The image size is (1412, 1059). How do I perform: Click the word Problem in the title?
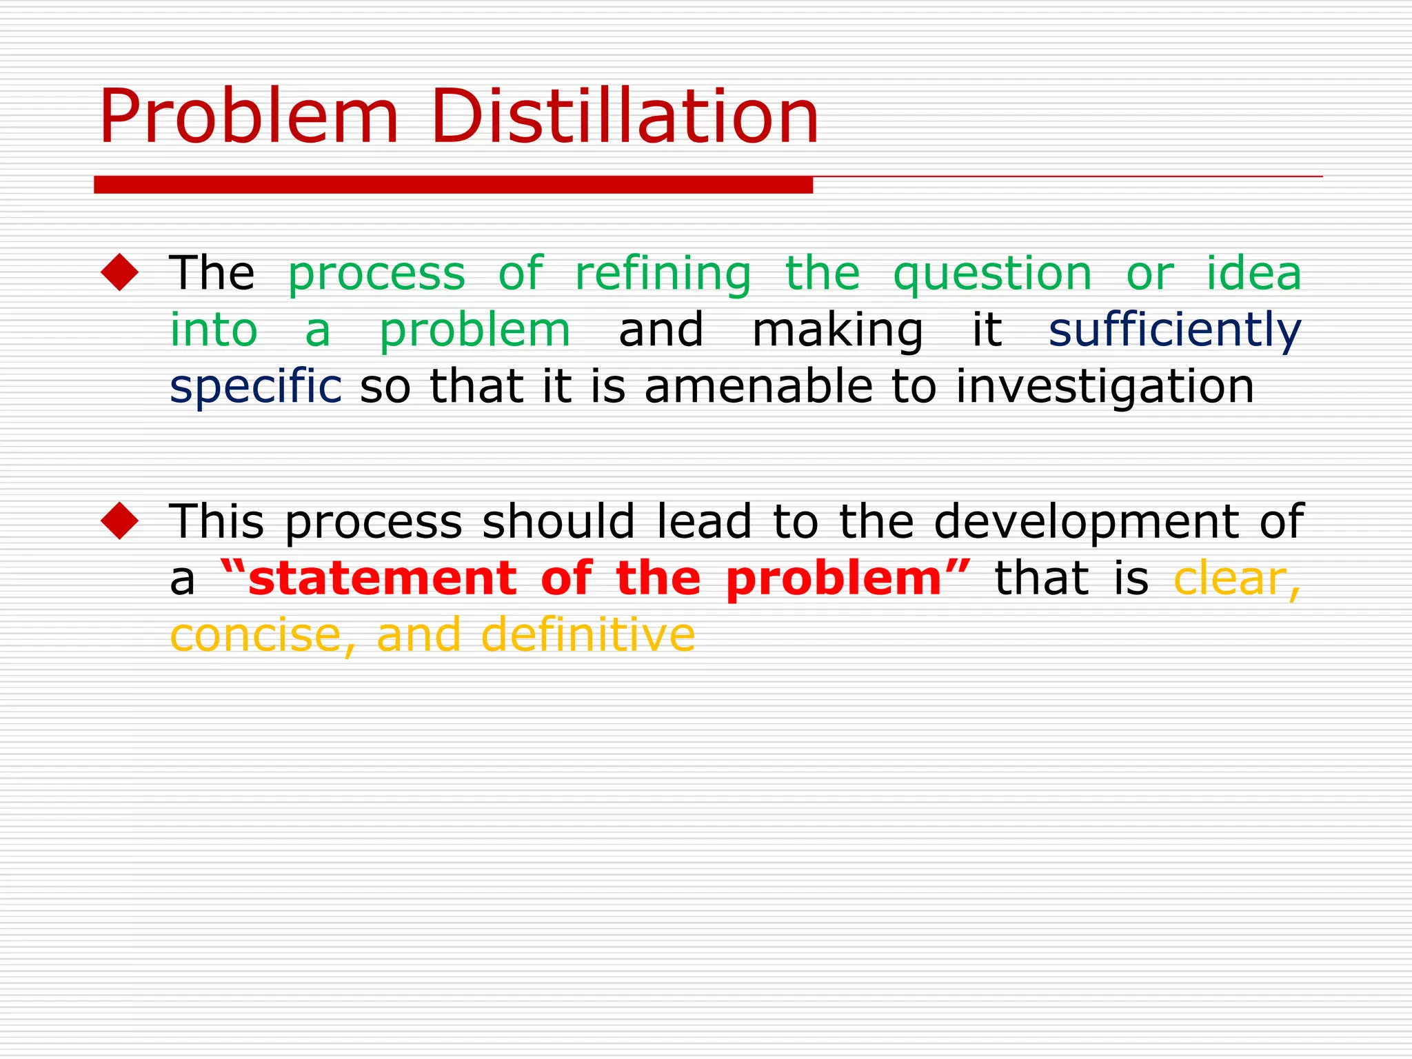248,117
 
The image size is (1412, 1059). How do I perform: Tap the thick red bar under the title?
453,185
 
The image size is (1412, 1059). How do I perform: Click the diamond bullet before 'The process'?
120,272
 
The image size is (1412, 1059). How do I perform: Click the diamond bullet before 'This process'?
120,521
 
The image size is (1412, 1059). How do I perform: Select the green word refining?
663,274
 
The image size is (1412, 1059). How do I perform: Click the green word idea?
1253,273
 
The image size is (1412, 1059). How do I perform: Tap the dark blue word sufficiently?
1174,330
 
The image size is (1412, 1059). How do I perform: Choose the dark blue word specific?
255,387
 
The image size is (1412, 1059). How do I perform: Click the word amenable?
758,386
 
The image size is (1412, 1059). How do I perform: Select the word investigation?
1105,387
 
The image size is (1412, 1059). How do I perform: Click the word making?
837,331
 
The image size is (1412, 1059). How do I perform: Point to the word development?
1086,523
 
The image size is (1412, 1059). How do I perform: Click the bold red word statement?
382,578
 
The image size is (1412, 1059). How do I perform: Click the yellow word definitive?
587,634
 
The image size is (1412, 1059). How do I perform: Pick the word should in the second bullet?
558,521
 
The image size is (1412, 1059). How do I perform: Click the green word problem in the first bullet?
474,331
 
